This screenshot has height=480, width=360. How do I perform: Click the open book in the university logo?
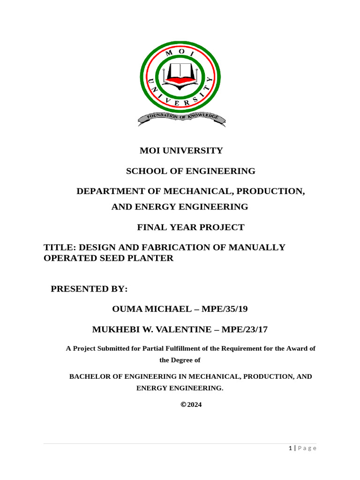[180, 73]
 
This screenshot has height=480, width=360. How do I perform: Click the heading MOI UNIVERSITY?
[181, 150]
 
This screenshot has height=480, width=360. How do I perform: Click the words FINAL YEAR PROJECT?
[190, 228]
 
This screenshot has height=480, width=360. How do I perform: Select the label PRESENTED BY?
[89, 289]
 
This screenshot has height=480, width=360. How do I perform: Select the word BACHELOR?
[88, 376]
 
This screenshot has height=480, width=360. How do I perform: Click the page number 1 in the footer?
[290, 449]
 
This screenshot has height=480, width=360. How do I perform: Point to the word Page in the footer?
[307, 449]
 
